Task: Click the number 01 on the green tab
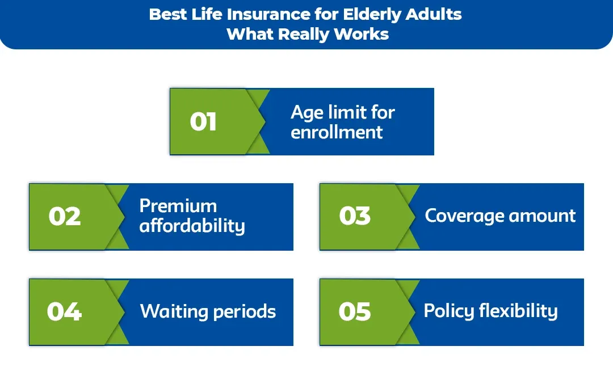click(x=203, y=121)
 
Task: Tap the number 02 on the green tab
click(x=64, y=217)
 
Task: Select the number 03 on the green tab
click(x=355, y=217)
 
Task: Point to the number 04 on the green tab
click(x=64, y=311)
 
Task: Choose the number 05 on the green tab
click(x=355, y=311)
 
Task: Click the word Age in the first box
click(x=308, y=113)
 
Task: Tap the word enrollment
click(x=337, y=132)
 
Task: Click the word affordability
click(x=192, y=226)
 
